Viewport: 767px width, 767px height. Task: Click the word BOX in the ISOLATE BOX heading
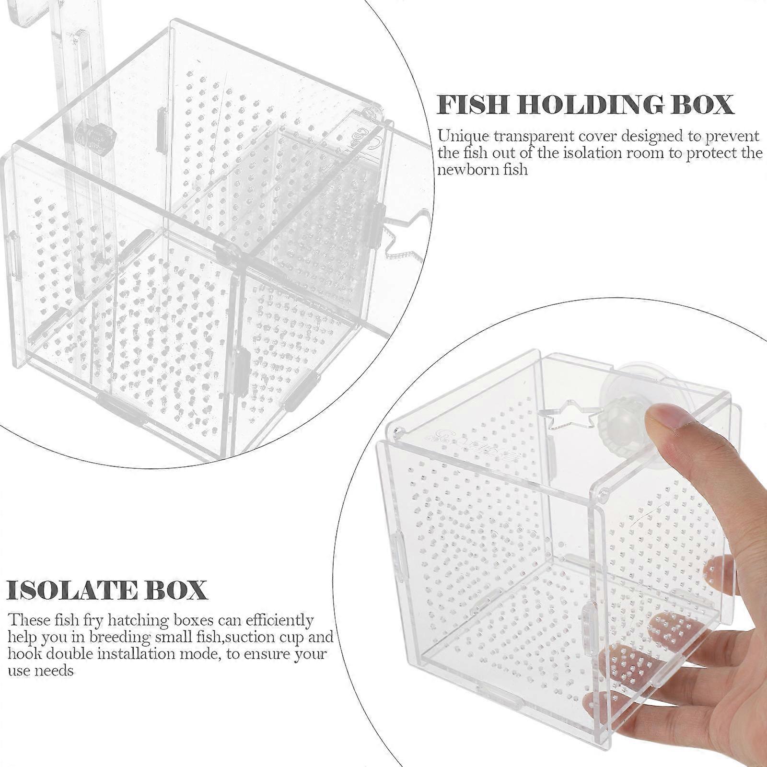pyautogui.click(x=172, y=590)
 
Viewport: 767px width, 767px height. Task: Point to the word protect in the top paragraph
pyautogui.click(x=708, y=153)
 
